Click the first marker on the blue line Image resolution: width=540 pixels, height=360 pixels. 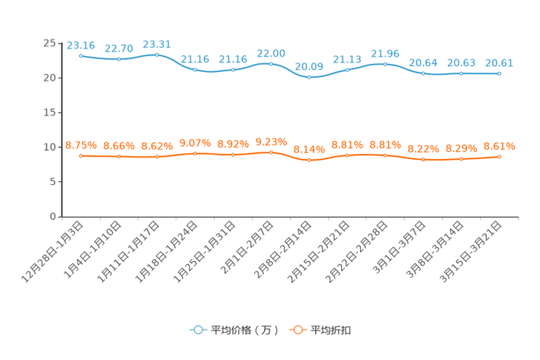[x=81, y=55]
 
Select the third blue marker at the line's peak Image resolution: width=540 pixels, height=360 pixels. [x=157, y=54]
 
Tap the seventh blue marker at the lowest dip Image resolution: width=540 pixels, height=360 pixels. [x=309, y=76]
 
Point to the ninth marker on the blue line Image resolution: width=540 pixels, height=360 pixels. [x=385, y=64]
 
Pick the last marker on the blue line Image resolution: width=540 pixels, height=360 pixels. [x=499, y=73]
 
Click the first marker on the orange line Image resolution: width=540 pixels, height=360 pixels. [x=81, y=156]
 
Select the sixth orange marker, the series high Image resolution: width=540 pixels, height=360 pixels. [x=271, y=152]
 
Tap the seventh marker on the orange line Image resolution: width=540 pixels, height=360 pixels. [x=309, y=160]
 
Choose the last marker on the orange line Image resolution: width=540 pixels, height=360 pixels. [x=499, y=157]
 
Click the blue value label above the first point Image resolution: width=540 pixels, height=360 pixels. [x=80, y=45]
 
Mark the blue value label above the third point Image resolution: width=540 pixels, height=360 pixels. [x=157, y=44]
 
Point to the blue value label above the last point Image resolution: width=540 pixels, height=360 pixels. [x=499, y=63]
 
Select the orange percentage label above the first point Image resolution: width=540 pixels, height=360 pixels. [x=80, y=146]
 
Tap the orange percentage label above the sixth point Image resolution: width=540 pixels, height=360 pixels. [x=271, y=142]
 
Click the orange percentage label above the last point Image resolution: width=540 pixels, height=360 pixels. [x=499, y=146]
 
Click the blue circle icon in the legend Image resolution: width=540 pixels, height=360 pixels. [x=197, y=330]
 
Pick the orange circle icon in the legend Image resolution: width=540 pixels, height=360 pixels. [x=298, y=330]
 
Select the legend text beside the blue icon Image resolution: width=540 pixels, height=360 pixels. [x=244, y=330]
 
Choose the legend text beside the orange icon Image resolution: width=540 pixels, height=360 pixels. [x=332, y=330]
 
